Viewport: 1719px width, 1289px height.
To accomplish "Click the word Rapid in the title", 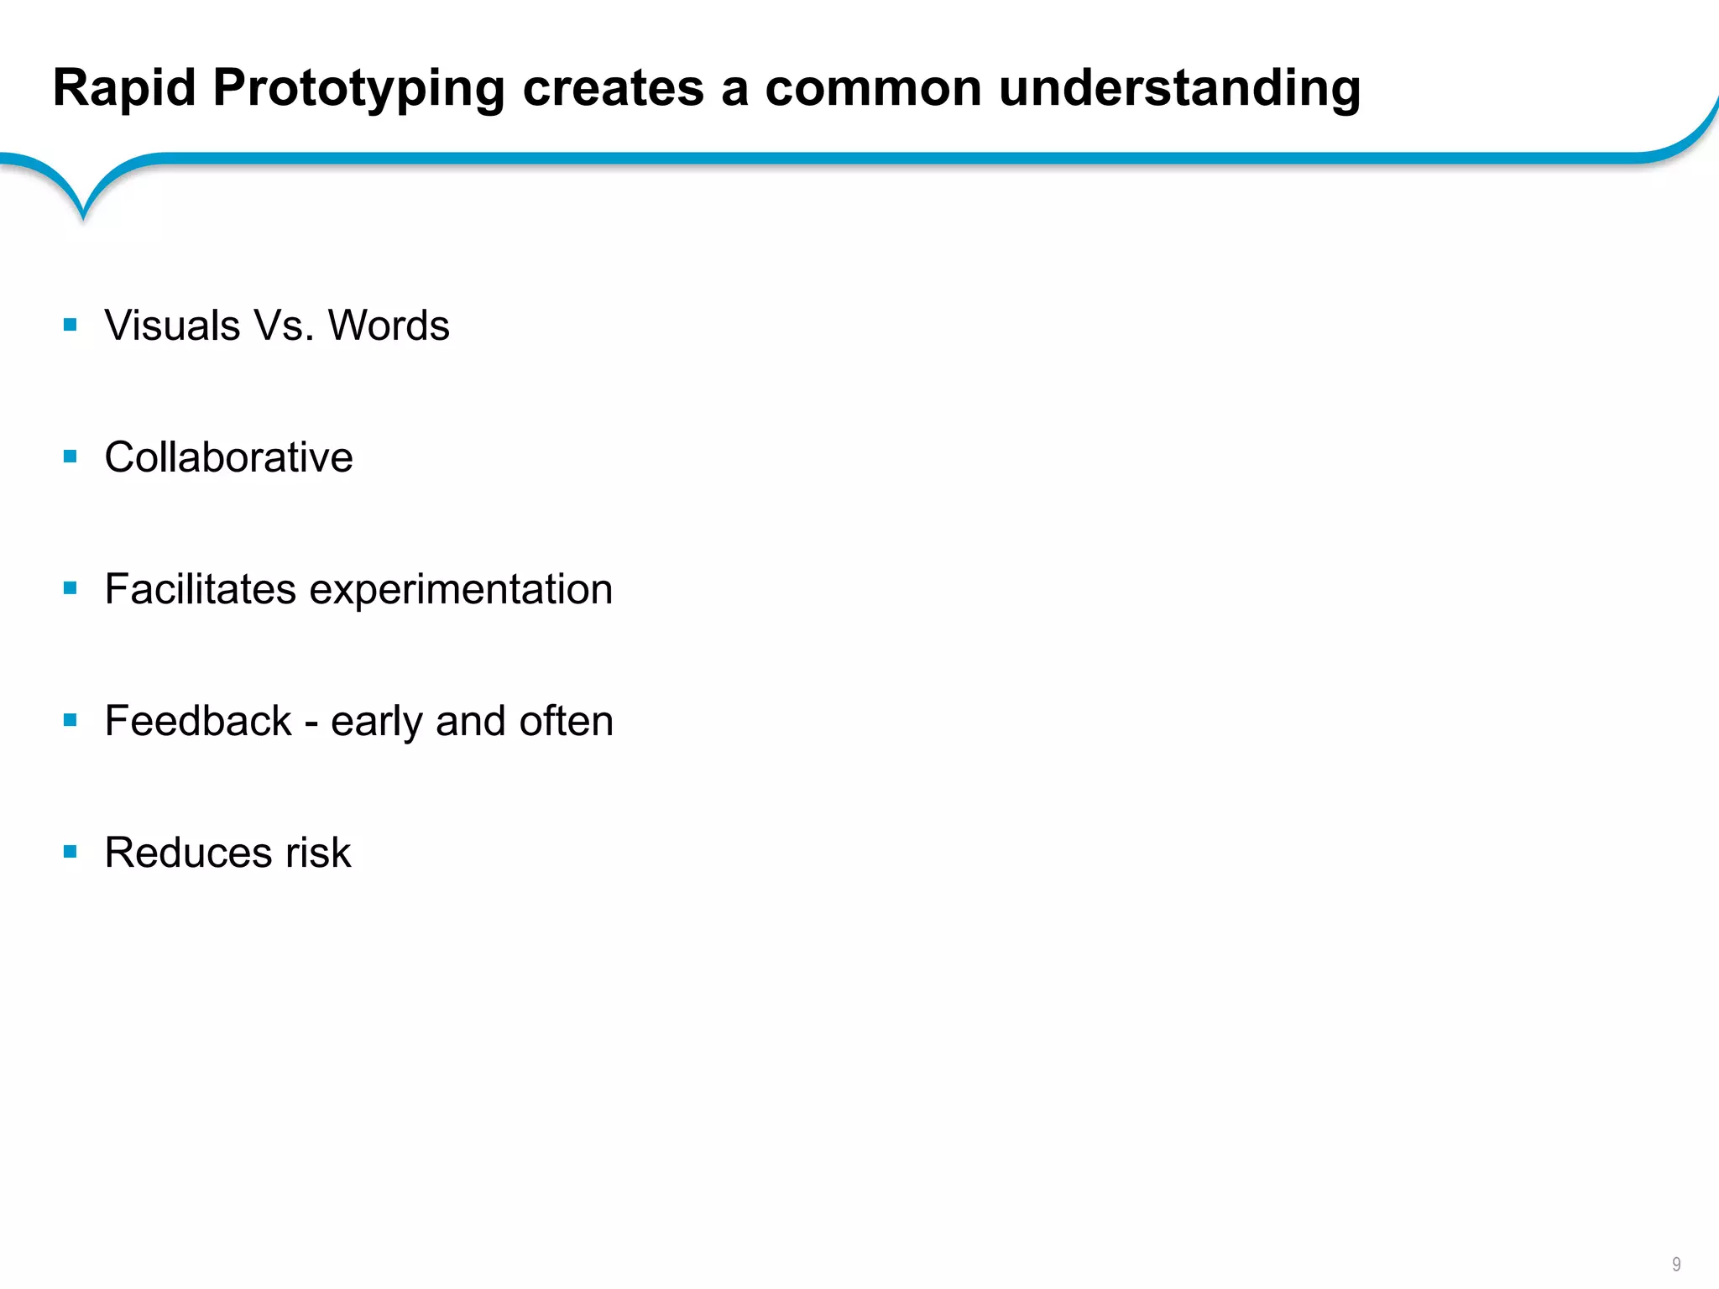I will click(124, 88).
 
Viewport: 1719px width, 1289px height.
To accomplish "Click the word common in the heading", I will click(873, 89).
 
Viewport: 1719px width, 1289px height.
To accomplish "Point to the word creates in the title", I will click(613, 89).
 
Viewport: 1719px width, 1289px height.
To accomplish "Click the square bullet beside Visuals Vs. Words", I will click(71, 325).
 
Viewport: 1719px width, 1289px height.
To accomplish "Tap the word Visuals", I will click(172, 326).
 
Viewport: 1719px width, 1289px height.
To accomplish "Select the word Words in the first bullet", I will click(388, 326).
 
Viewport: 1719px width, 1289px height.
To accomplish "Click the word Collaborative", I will click(228, 457).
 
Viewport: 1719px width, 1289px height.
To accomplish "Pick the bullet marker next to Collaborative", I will click(71, 457).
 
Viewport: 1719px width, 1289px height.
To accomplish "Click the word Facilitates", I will click(200, 589).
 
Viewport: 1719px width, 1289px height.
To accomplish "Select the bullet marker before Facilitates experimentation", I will click(71, 588).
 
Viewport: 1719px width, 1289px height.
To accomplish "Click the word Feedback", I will click(198, 721).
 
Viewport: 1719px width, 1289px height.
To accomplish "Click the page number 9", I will click(1676, 1264).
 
